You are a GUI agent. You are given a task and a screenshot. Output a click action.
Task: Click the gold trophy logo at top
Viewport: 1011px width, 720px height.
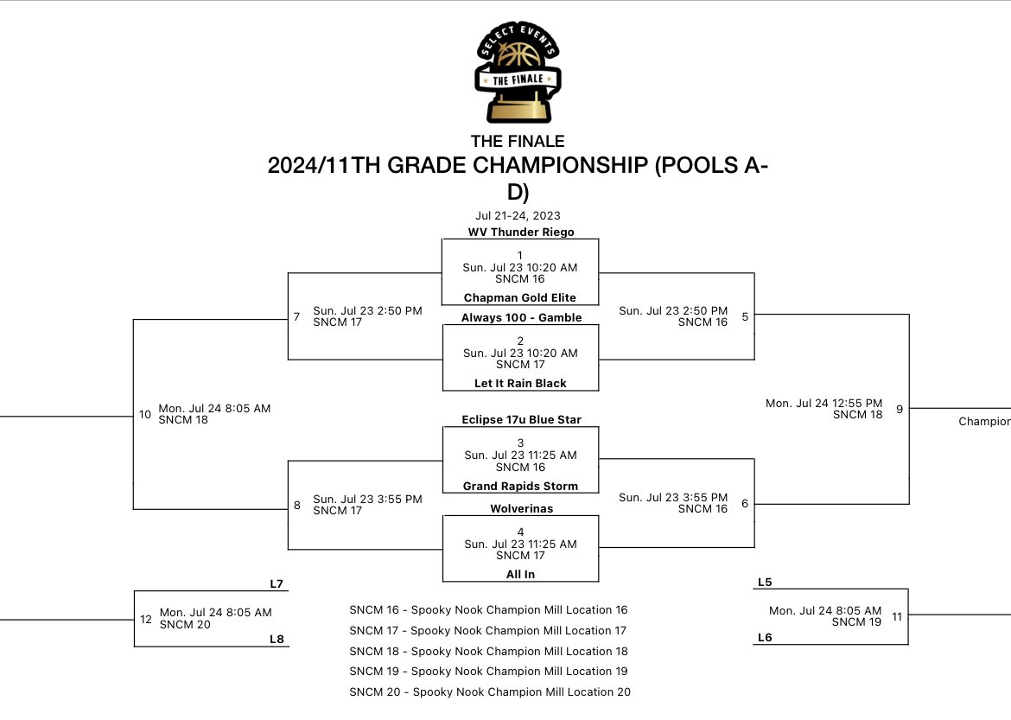click(518, 74)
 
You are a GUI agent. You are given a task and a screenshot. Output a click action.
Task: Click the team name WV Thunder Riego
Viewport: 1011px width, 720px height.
click(520, 232)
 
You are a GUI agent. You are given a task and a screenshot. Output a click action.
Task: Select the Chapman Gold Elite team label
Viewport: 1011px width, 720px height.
click(520, 297)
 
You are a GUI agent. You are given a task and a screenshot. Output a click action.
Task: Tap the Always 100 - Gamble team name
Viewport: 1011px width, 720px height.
click(520, 317)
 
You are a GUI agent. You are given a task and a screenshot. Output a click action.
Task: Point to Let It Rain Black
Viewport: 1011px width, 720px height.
click(520, 383)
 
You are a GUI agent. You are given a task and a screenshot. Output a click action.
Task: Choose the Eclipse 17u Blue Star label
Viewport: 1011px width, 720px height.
click(520, 419)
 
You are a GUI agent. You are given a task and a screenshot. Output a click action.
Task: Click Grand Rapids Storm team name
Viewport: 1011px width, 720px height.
click(520, 486)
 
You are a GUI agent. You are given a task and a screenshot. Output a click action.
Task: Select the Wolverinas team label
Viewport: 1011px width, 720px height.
click(520, 508)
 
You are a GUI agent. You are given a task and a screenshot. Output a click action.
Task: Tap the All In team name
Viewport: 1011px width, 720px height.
click(520, 574)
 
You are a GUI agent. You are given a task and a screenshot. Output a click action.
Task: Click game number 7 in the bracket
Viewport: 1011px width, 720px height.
click(296, 317)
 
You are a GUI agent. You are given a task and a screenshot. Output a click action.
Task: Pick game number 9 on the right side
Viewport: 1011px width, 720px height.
click(900, 409)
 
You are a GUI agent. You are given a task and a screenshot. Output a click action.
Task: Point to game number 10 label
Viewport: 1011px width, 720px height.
click(145, 414)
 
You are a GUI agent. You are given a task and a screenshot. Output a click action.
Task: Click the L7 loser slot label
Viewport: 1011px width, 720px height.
click(277, 583)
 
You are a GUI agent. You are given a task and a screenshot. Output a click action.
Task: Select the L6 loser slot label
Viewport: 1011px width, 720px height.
click(765, 637)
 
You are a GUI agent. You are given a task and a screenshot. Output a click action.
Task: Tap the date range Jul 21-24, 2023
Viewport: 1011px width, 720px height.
click(518, 215)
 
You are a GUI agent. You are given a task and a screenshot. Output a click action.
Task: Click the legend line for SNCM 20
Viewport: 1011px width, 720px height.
click(490, 691)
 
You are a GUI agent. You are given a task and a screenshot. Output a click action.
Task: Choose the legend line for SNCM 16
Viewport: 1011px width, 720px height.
click(488, 610)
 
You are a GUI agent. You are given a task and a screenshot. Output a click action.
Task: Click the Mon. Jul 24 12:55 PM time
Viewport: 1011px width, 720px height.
click(823, 403)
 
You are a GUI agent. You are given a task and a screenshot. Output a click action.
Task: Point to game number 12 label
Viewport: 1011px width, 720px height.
click(146, 619)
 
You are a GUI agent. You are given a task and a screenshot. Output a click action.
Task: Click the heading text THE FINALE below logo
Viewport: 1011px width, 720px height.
click(518, 141)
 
